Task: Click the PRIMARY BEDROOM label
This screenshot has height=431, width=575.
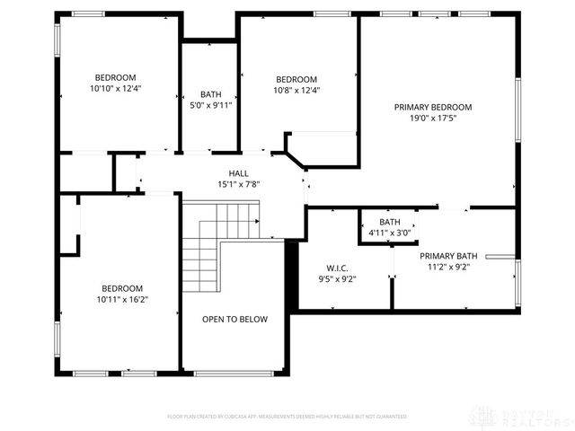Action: (x=432, y=107)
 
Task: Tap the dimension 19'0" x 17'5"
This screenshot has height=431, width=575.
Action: (x=432, y=118)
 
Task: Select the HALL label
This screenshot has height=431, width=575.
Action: (x=238, y=174)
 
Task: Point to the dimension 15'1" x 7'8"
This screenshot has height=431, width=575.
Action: (x=238, y=185)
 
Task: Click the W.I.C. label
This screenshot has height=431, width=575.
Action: (x=337, y=268)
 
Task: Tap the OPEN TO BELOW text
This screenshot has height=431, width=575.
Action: (x=234, y=319)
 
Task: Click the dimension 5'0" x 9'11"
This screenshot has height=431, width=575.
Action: (x=211, y=105)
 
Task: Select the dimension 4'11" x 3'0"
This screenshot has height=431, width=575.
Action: (x=389, y=233)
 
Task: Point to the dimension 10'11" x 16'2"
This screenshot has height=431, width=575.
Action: (x=122, y=299)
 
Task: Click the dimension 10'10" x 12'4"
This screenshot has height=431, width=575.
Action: (x=115, y=88)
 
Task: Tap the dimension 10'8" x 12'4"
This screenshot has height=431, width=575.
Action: (x=296, y=90)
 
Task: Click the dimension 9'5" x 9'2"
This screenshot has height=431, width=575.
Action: (x=337, y=278)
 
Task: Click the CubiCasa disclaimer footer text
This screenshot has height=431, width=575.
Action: (x=287, y=417)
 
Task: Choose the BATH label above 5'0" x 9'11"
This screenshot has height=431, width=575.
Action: (x=211, y=94)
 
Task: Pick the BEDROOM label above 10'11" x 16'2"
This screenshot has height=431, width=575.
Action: (x=122, y=288)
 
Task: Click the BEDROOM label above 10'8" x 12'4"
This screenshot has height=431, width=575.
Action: (x=296, y=79)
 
